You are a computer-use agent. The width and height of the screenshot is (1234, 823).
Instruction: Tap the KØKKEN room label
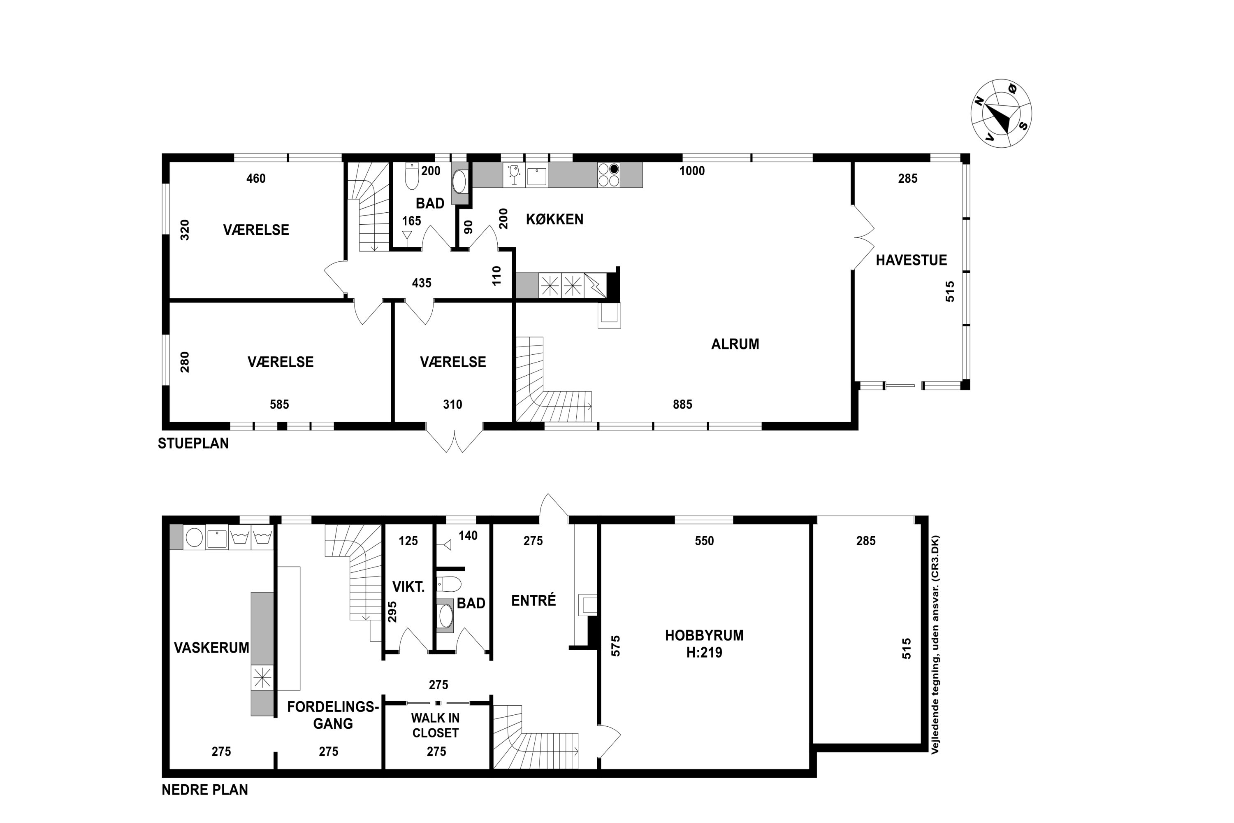coord(554,219)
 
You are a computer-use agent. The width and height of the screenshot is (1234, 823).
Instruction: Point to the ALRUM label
coord(735,344)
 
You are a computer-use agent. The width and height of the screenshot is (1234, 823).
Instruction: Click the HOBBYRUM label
coord(704,636)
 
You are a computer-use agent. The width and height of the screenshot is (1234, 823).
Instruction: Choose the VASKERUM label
coord(211,648)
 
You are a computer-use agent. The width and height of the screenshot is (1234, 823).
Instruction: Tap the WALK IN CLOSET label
coord(436,725)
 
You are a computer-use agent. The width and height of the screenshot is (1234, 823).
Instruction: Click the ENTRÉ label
coord(533,600)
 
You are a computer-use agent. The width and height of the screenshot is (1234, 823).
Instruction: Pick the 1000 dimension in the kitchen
coord(692,171)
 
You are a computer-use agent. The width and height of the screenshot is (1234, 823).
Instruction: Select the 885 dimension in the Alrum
coord(682,404)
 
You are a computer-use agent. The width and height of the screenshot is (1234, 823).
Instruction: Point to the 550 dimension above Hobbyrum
coord(704,541)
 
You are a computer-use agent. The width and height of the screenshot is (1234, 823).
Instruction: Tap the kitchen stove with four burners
coord(609,175)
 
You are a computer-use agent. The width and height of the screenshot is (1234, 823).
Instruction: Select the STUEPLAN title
coord(193,444)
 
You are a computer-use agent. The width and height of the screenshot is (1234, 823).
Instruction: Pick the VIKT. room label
coord(408,587)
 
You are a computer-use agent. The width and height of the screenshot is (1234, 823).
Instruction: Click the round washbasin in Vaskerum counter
coord(194,538)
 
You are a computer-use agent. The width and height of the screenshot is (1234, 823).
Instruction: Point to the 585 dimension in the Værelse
coord(279,404)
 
